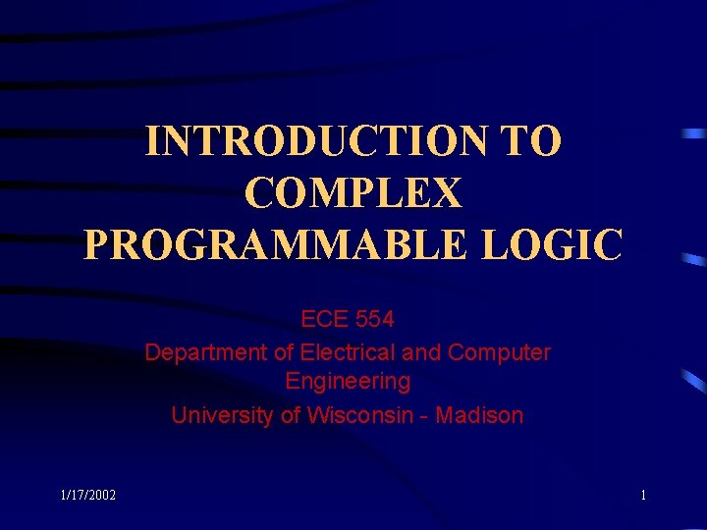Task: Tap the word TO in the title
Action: coord(530,141)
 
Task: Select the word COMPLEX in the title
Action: coord(353,193)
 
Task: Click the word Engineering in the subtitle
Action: coord(348,381)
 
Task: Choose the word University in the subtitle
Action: coord(223,415)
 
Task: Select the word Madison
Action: coord(479,415)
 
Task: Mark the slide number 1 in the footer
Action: coord(643,496)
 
